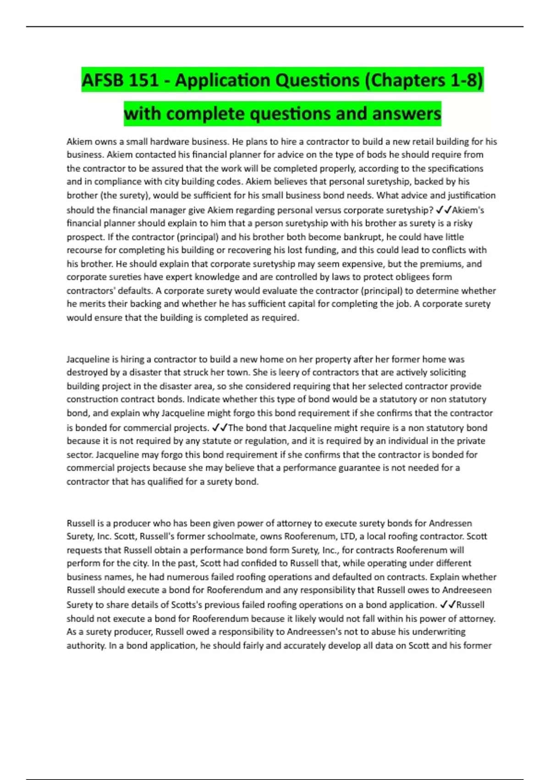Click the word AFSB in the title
click(x=102, y=80)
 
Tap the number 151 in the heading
click(x=143, y=80)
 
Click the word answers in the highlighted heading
click(x=407, y=113)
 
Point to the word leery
click(x=281, y=372)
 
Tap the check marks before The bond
click(x=220, y=428)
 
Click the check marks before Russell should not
click(x=448, y=604)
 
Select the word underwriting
click(x=440, y=631)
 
